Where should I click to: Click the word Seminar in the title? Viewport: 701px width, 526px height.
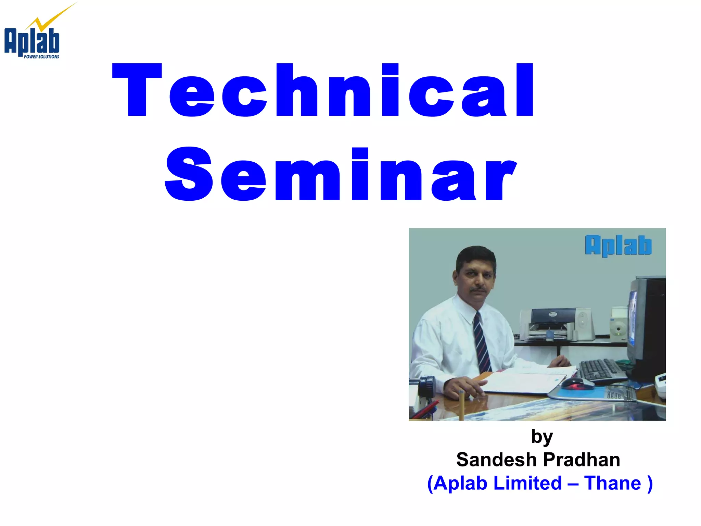coord(341,174)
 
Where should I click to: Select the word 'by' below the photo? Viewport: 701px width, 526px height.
coord(541,437)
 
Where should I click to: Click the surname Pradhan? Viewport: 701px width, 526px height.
coord(582,460)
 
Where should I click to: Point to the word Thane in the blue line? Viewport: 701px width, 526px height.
coord(612,483)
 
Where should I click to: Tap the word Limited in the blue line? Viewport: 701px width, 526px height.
coord(527,483)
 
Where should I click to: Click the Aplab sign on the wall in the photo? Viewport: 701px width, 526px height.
coord(618,245)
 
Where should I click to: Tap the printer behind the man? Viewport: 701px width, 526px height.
coord(551,324)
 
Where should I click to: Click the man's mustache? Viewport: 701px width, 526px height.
coord(478,290)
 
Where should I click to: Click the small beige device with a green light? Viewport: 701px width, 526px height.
coord(618,325)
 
